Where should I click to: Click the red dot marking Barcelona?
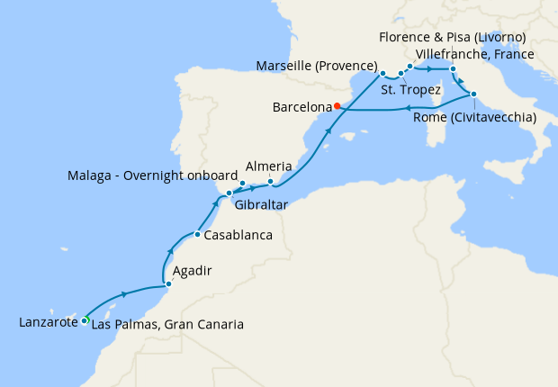(x=337, y=106)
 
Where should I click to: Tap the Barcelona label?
(x=301, y=107)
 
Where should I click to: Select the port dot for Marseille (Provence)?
(x=382, y=73)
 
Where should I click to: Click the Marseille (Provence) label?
(x=316, y=66)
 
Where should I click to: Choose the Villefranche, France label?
(x=476, y=54)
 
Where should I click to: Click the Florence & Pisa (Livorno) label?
(x=453, y=37)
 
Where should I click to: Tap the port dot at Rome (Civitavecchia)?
(x=473, y=94)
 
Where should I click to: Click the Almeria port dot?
(x=271, y=182)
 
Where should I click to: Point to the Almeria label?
(x=269, y=166)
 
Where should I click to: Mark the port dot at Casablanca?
(x=197, y=235)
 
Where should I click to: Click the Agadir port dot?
(x=166, y=287)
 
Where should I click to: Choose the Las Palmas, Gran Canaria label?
(x=166, y=324)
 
